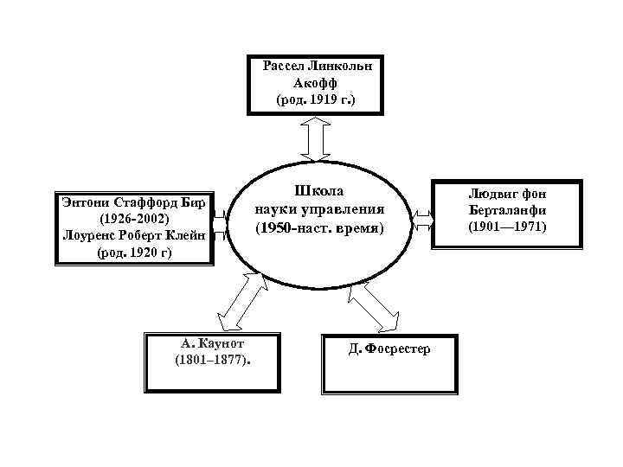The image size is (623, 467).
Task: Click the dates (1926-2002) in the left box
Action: click(133, 220)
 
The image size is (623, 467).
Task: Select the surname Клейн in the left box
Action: click(183, 236)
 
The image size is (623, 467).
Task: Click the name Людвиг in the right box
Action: click(488, 194)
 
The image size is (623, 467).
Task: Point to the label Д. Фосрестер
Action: click(388, 349)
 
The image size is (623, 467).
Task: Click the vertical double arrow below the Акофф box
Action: click(318, 137)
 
